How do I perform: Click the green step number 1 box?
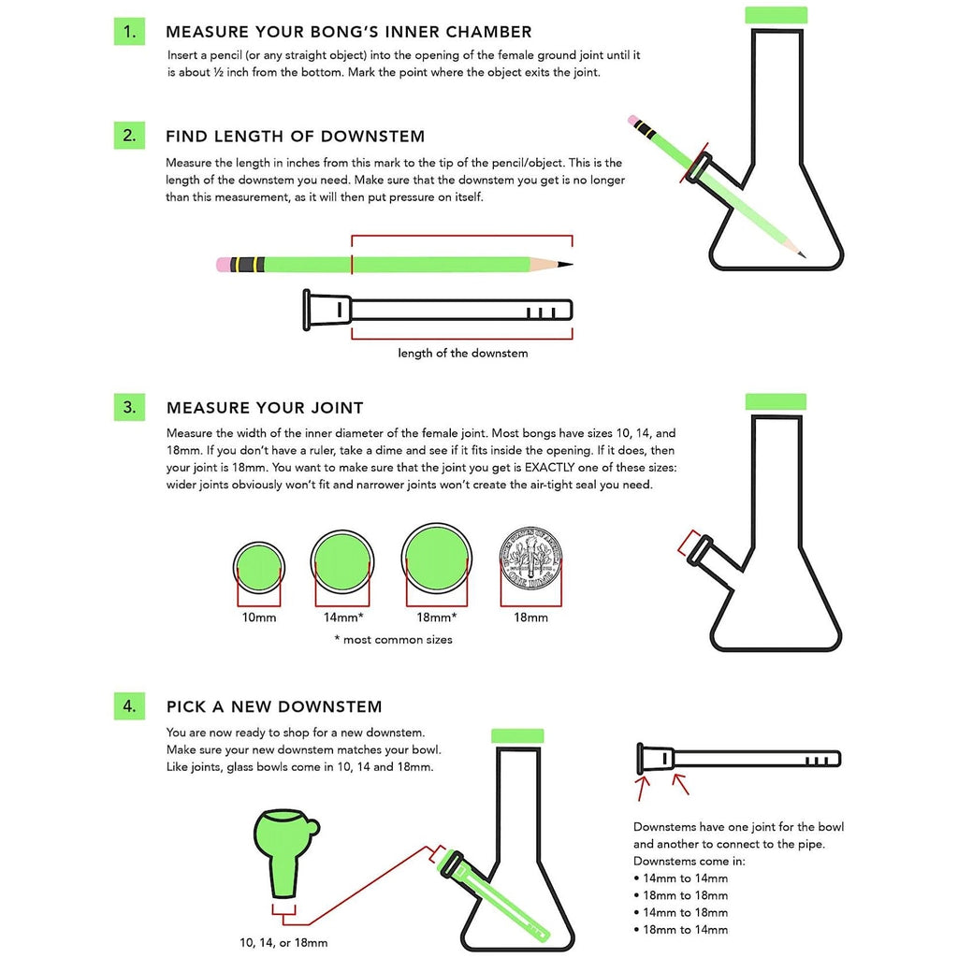point(129,32)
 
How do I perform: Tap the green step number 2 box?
point(129,135)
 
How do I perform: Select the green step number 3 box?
point(129,407)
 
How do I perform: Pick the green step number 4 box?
point(129,705)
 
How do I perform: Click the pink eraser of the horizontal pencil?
point(223,264)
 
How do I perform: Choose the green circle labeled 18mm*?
point(436,559)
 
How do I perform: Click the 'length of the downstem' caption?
point(462,353)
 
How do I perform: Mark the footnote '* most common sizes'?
point(393,640)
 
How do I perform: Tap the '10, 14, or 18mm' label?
point(283,943)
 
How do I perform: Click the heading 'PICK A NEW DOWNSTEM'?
point(274,706)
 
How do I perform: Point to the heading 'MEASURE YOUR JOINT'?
point(265,408)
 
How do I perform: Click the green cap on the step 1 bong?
point(776,15)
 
